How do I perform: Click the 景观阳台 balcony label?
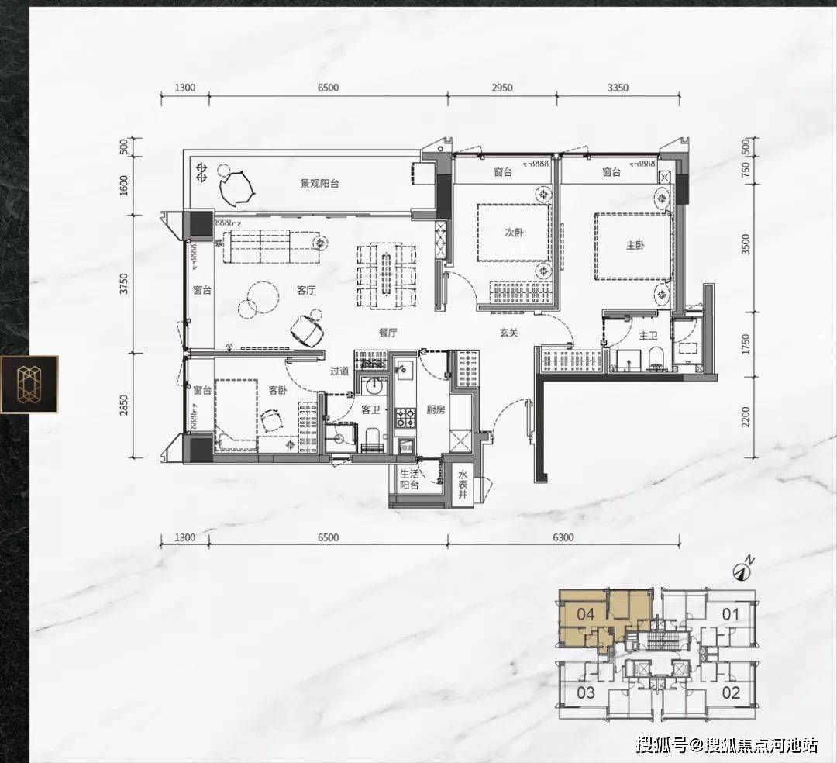tap(319, 184)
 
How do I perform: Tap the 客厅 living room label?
tap(306, 290)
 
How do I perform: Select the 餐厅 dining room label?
tap(388, 333)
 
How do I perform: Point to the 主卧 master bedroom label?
tap(635, 245)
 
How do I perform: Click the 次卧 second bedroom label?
tap(514, 233)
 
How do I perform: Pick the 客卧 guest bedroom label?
tap(277, 390)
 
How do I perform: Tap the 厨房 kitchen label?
tap(436, 409)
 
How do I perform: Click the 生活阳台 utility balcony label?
tap(410, 479)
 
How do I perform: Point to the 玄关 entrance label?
tap(508, 333)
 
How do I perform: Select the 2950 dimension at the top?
tap(501, 88)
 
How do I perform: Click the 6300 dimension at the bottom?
tap(563, 537)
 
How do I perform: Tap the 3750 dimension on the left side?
tap(124, 284)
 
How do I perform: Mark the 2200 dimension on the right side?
tap(746, 417)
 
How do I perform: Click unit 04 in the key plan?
tap(586, 615)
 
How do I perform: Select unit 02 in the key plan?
tap(731, 693)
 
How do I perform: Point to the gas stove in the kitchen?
tap(405, 418)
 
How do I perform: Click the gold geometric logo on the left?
tap(29, 385)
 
